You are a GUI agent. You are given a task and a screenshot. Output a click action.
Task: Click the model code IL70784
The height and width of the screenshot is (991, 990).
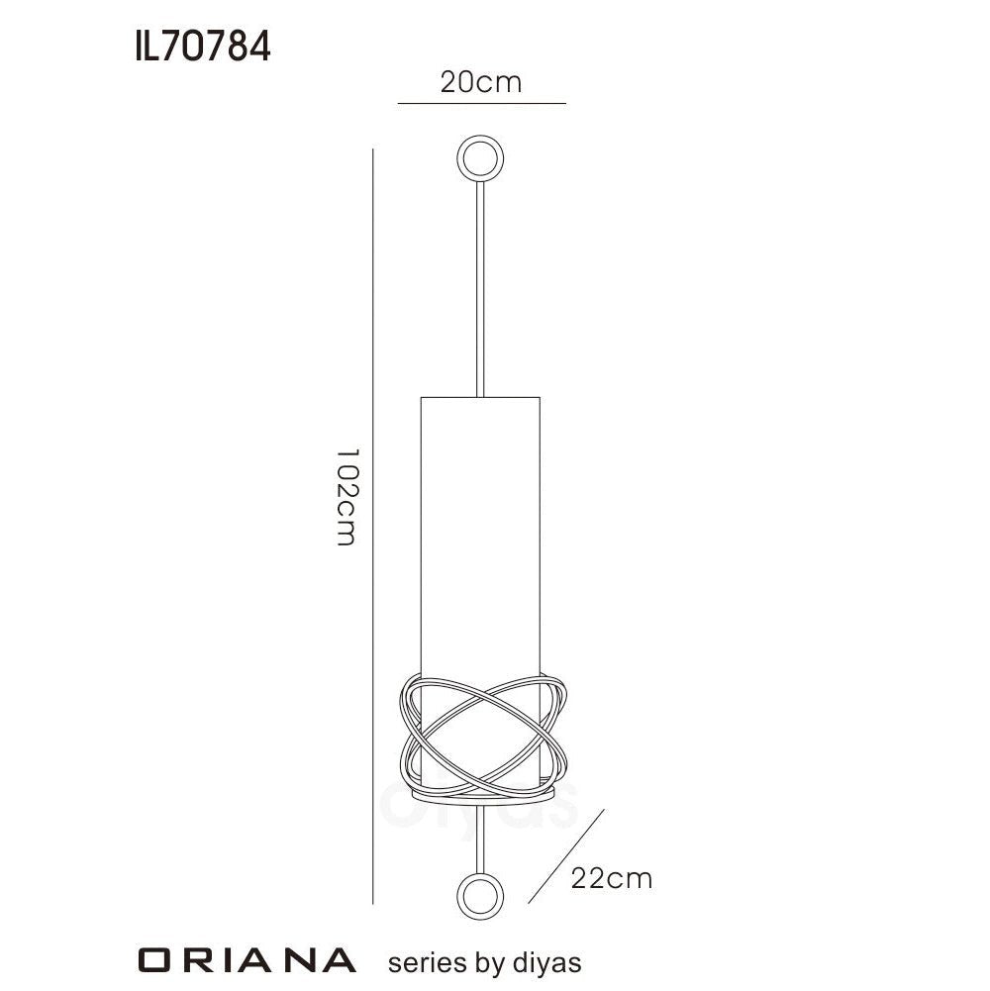202,47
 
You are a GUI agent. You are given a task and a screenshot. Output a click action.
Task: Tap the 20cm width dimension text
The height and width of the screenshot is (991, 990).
481,82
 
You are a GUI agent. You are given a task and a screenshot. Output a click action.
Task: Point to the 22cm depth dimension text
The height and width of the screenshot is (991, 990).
611,877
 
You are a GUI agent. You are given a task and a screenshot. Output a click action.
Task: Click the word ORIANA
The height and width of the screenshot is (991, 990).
247,960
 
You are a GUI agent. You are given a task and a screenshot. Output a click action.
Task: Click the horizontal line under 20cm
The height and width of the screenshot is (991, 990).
481,103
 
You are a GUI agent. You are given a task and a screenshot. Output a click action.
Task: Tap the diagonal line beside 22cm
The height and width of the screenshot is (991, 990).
566,857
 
